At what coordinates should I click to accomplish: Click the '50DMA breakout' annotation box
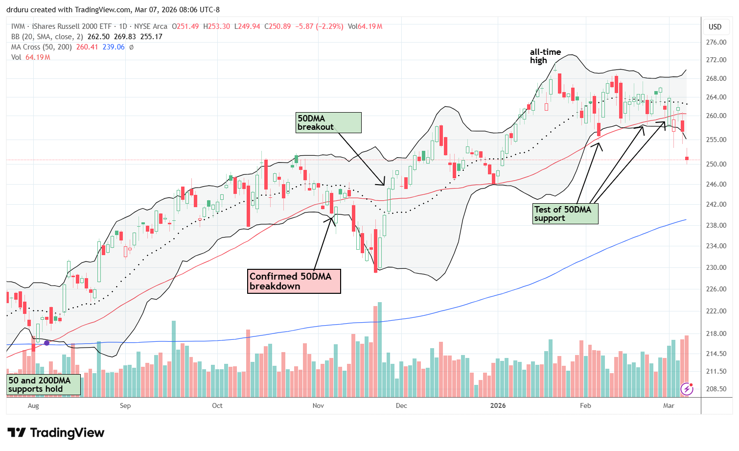(x=329, y=122)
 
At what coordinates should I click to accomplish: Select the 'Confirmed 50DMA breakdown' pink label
(x=294, y=281)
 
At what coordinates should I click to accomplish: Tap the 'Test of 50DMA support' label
(x=565, y=214)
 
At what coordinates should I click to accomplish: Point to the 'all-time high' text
(x=545, y=56)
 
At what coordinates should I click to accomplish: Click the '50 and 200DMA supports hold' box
(x=43, y=384)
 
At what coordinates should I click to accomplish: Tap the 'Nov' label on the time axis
(x=318, y=405)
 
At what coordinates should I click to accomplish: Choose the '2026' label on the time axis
(x=498, y=405)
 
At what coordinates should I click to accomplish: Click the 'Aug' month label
(x=33, y=405)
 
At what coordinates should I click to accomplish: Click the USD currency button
(x=715, y=27)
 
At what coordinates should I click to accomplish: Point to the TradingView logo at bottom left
(x=56, y=433)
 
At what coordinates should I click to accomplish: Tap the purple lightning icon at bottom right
(x=687, y=389)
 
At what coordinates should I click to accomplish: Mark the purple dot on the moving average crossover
(x=47, y=343)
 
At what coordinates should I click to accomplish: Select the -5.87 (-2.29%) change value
(x=319, y=26)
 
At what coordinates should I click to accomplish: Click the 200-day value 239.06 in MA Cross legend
(x=114, y=47)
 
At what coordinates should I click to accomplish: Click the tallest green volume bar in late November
(x=380, y=350)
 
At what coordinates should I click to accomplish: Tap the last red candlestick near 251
(x=687, y=158)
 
